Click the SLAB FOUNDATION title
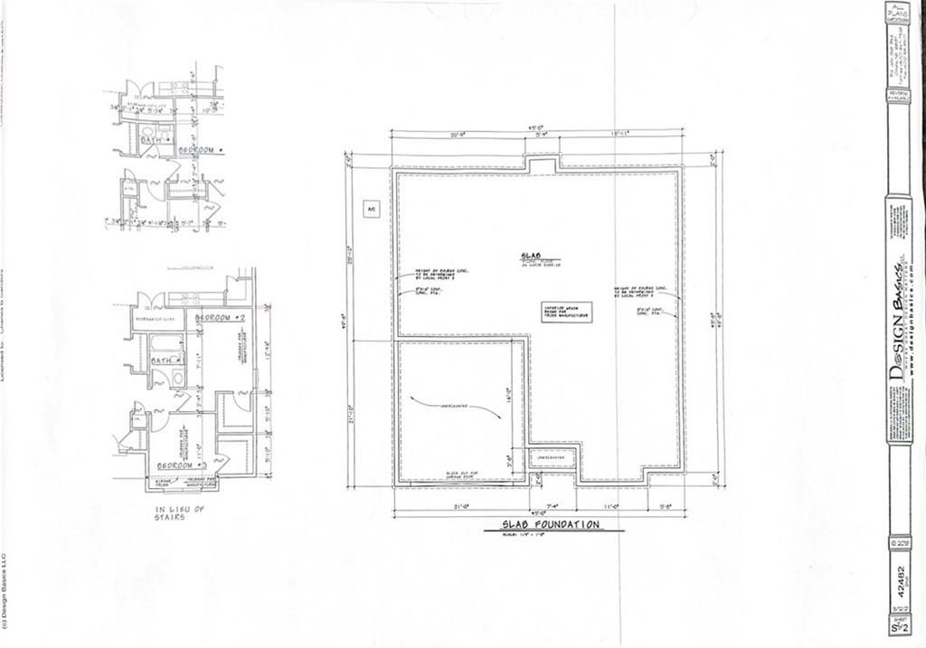[551, 524]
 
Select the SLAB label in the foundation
[531, 257]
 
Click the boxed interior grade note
[567, 312]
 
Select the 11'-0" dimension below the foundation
[612, 506]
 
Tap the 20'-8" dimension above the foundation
[458, 133]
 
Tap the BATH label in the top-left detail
[151, 141]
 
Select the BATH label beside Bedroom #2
[164, 361]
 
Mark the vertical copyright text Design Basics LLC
[5, 596]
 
